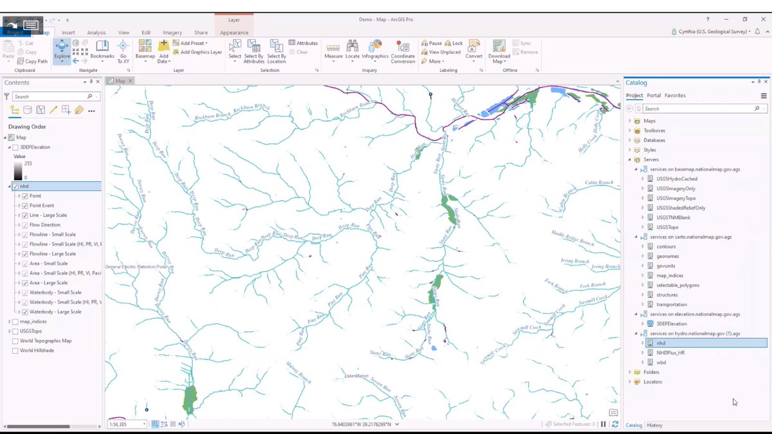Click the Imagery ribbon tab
click(x=172, y=32)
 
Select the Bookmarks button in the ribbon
click(x=102, y=50)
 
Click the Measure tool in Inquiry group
click(x=333, y=50)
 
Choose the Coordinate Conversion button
click(x=403, y=51)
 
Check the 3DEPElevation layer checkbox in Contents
click(x=15, y=147)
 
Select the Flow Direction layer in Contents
click(x=46, y=225)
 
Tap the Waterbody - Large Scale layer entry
click(x=55, y=312)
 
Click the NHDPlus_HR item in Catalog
click(x=671, y=352)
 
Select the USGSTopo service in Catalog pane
click(x=668, y=227)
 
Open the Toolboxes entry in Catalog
click(x=654, y=131)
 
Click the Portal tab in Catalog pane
click(x=654, y=95)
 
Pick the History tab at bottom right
click(x=654, y=425)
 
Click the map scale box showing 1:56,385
click(x=125, y=424)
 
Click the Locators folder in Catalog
click(x=652, y=382)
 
